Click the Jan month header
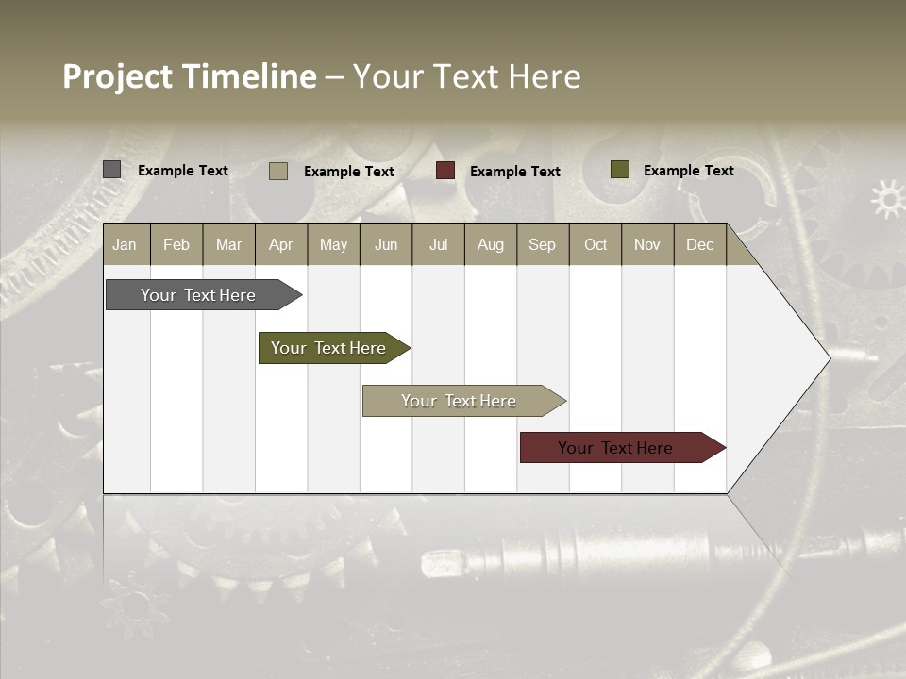click(125, 245)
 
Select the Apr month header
click(280, 245)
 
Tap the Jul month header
click(438, 245)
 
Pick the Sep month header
click(542, 245)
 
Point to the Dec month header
click(699, 245)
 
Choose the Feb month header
click(176, 245)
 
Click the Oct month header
click(596, 245)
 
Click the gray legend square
click(111, 170)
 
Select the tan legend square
click(278, 171)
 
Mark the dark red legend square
click(445, 171)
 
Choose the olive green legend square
click(619, 170)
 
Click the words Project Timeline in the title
click(190, 76)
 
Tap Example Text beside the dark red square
click(515, 172)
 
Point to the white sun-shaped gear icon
click(887, 199)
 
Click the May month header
click(333, 245)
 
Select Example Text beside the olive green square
click(689, 171)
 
